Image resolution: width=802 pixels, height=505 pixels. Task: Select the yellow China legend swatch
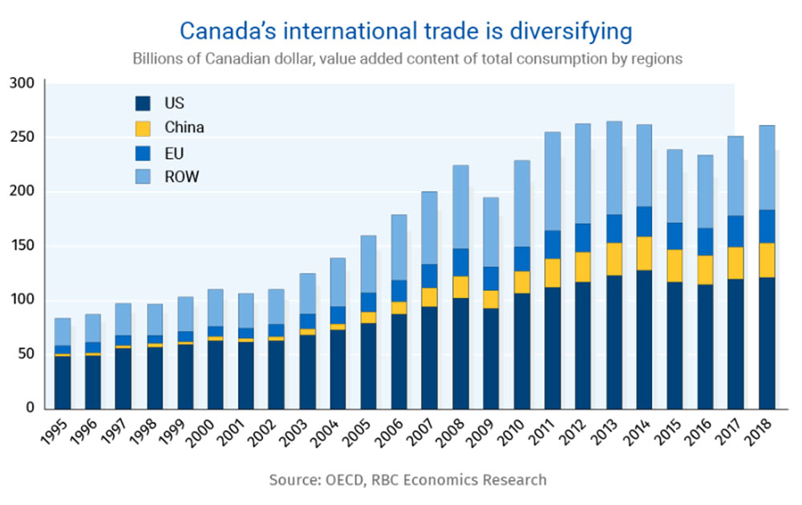[143, 127]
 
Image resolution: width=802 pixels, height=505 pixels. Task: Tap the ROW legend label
[181, 176]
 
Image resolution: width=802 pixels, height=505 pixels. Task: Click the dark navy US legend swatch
[143, 103]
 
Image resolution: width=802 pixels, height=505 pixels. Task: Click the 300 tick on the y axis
[22, 83]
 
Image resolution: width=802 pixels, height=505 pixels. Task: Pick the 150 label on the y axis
[22, 246]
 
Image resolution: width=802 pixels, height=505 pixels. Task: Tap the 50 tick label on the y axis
[26, 354]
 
